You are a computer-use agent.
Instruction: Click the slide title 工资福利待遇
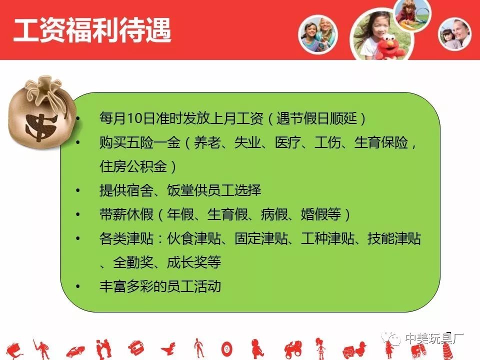pyautogui.click(x=92, y=30)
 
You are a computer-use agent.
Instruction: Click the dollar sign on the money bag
pyautogui.click(x=40, y=126)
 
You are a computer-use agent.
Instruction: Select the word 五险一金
pyautogui.click(x=153, y=142)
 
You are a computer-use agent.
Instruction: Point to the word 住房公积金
pyautogui.click(x=133, y=166)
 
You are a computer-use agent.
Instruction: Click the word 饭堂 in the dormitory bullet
pyautogui.click(x=180, y=190)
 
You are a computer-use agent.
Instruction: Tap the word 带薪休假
pyautogui.click(x=126, y=214)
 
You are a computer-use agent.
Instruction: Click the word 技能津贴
pyautogui.click(x=394, y=238)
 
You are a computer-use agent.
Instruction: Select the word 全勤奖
pyautogui.click(x=133, y=262)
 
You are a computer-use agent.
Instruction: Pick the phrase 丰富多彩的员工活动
pyautogui.click(x=160, y=286)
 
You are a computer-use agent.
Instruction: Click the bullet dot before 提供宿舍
pyautogui.click(x=78, y=190)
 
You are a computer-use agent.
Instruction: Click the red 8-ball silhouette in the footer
pyautogui.click(x=227, y=349)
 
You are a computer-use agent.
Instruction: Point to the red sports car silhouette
pyautogui.click(x=75, y=351)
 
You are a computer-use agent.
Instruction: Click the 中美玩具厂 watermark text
pyautogui.click(x=434, y=338)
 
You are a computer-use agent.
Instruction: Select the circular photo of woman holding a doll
pyautogui.click(x=454, y=33)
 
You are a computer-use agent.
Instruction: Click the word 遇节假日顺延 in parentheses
pyautogui.click(x=317, y=118)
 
